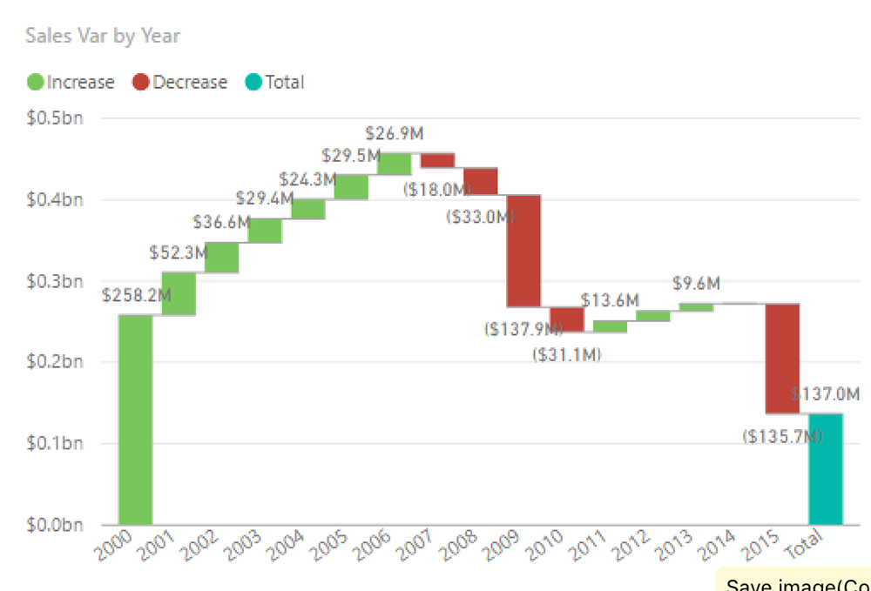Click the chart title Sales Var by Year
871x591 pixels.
(x=103, y=36)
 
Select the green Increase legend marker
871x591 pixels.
(x=36, y=83)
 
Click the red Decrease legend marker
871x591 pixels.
(x=141, y=83)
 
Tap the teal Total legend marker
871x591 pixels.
(x=253, y=83)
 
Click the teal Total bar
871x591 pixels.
(x=826, y=469)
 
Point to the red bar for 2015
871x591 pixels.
(x=782, y=359)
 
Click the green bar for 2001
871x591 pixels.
(x=179, y=293)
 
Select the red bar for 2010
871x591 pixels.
(x=567, y=319)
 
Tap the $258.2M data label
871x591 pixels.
(x=136, y=296)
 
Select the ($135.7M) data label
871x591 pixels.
(x=781, y=436)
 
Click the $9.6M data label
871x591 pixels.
(x=696, y=284)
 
